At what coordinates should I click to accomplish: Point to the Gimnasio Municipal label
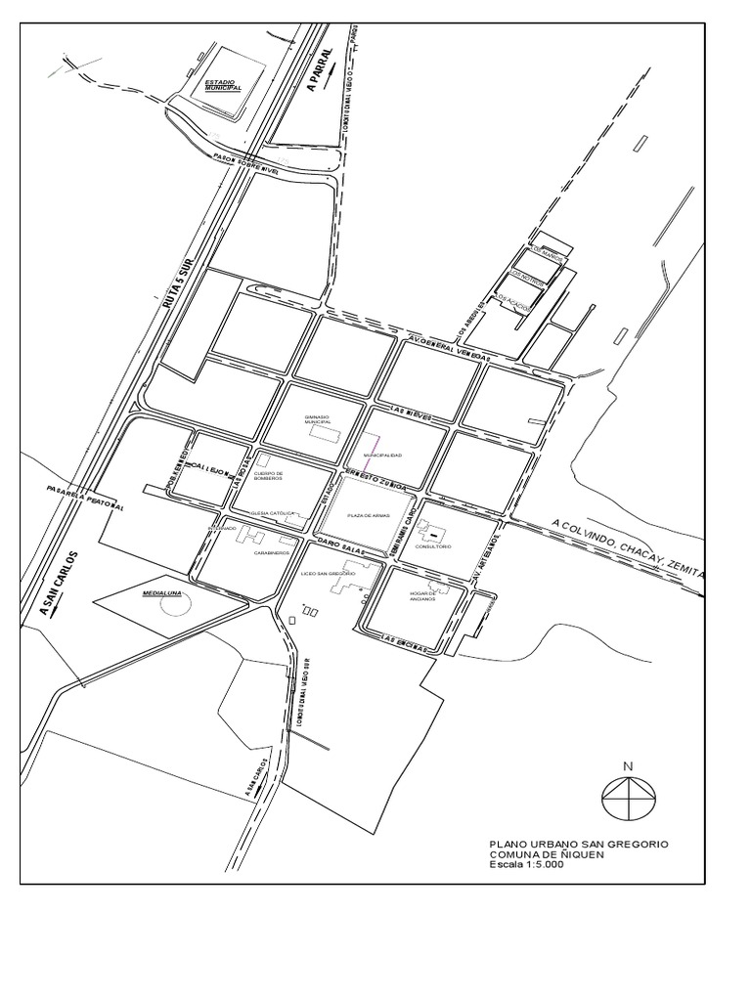pyautogui.click(x=318, y=419)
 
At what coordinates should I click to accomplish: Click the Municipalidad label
pyautogui.click(x=382, y=456)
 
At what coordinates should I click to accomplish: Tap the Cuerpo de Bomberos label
pyautogui.click(x=267, y=475)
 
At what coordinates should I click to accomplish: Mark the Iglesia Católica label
pyautogui.click(x=272, y=513)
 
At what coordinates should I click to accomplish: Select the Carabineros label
pyautogui.click(x=271, y=552)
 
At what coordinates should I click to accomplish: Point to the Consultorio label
pyautogui.click(x=432, y=547)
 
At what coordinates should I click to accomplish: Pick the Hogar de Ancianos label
pyautogui.click(x=421, y=596)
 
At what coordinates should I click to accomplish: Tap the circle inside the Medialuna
pyautogui.click(x=176, y=605)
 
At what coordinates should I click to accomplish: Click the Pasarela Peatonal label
pyautogui.click(x=84, y=499)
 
